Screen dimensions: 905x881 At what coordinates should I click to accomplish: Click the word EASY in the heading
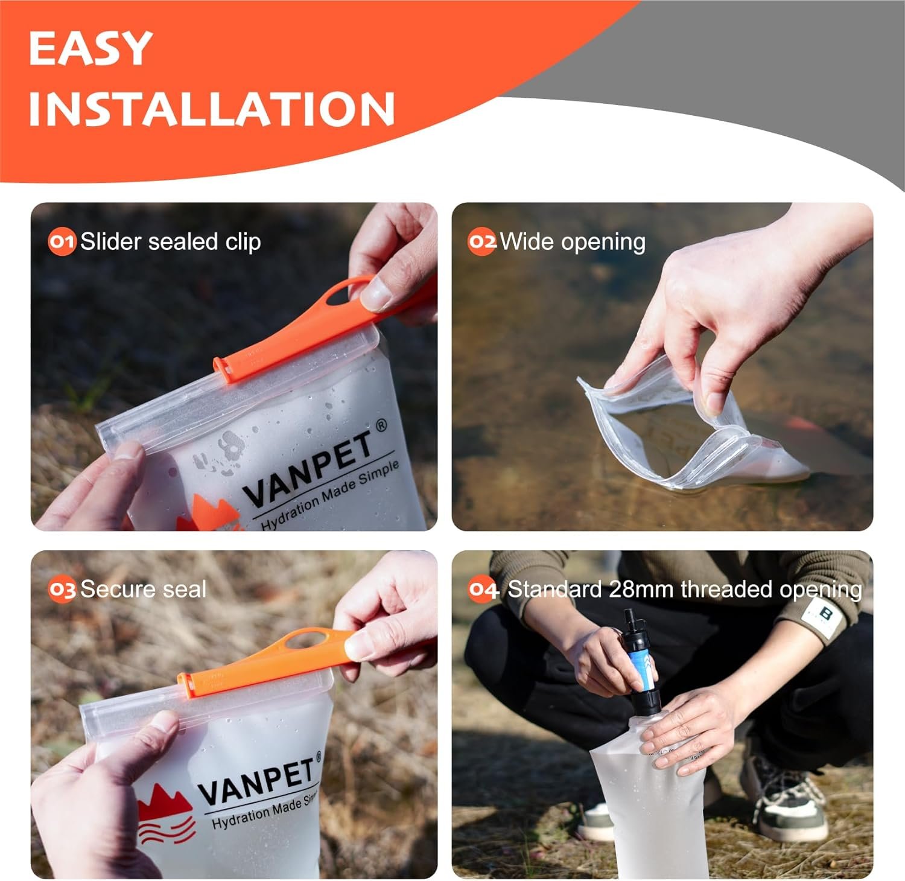pos(90,48)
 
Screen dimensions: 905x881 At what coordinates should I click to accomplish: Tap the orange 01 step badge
pos(62,242)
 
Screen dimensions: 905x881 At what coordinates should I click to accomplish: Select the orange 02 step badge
pos(482,242)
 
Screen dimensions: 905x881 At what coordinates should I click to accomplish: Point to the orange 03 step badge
pos(62,590)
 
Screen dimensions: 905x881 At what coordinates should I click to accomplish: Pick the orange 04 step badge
pos(483,590)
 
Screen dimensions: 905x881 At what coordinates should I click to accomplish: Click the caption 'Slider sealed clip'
pos(171,242)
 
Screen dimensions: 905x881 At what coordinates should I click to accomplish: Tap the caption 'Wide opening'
pos(573,243)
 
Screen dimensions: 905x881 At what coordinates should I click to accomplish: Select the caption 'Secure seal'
pos(144,590)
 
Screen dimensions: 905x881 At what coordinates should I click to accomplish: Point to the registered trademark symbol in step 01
pos(381,426)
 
